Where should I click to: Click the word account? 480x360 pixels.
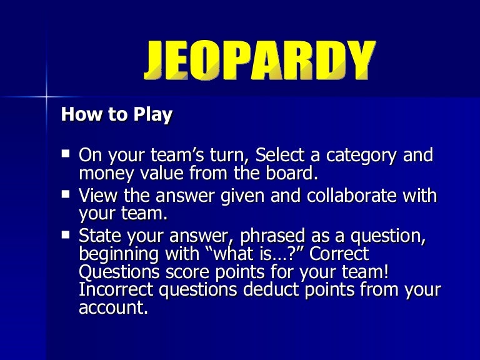pyautogui.click(x=112, y=308)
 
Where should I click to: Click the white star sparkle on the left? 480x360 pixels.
pyautogui.click(x=46, y=97)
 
